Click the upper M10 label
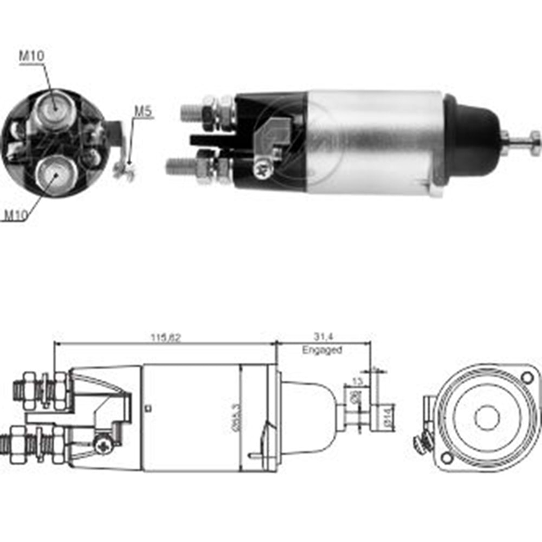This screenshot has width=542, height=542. [31, 55]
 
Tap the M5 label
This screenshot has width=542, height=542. [143, 112]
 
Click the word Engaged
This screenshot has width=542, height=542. [322, 350]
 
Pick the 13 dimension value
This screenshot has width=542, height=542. [357, 381]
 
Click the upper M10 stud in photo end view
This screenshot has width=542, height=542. [53, 109]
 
